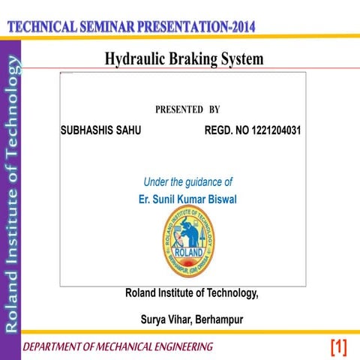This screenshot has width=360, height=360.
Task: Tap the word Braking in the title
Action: [x=196, y=58]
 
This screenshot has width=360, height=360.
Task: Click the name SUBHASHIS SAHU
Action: [x=100, y=130]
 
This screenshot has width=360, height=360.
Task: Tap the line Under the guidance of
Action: [x=187, y=181]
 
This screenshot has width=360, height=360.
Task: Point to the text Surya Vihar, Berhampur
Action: [x=192, y=319]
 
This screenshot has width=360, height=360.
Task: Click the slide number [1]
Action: [x=338, y=346]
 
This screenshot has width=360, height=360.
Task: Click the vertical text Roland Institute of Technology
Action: [x=10, y=195]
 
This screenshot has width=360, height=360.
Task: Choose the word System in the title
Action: [x=244, y=58]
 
